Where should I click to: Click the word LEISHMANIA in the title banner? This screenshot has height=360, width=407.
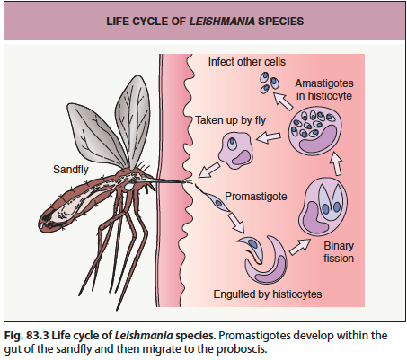(222, 22)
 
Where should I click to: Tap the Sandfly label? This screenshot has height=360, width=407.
(71, 170)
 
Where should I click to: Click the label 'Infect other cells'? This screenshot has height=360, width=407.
(247, 62)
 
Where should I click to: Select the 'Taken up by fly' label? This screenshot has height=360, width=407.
(231, 120)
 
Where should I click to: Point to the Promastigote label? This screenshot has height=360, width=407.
(256, 197)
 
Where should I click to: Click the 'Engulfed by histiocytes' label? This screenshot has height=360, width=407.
(268, 294)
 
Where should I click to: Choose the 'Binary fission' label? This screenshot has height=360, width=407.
(339, 252)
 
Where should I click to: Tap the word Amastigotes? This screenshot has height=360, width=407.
(324, 83)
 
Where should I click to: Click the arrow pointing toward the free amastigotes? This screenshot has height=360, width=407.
(283, 101)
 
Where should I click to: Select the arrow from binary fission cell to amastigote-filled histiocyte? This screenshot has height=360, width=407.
(336, 163)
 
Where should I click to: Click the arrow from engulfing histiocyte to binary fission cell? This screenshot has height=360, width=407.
(299, 247)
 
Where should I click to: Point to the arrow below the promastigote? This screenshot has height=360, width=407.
(236, 223)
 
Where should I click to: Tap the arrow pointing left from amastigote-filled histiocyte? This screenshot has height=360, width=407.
(269, 137)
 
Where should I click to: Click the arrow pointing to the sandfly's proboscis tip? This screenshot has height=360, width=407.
(208, 171)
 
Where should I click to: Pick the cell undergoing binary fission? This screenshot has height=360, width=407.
(323, 206)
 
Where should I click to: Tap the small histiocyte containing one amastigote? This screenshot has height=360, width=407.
(235, 150)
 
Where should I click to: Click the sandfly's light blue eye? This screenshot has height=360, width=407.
(129, 187)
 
